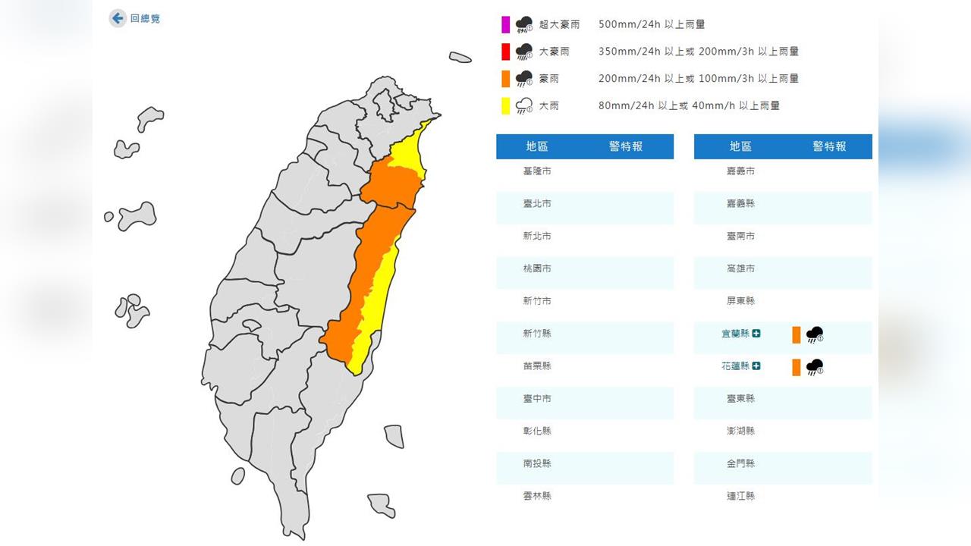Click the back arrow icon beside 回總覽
click(x=118, y=18)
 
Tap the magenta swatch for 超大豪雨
click(x=505, y=25)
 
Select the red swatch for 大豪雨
click(x=505, y=52)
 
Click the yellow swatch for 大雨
click(x=505, y=105)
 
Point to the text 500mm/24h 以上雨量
click(x=651, y=24)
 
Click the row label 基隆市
click(x=537, y=171)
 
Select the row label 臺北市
click(x=537, y=204)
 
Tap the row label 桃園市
click(x=537, y=268)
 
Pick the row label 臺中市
click(x=537, y=399)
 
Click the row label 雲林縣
click(x=537, y=496)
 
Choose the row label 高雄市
click(x=740, y=268)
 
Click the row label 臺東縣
click(x=740, y=399)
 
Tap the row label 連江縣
click(x=740, y=496)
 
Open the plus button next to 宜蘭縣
click(x=756, y=334)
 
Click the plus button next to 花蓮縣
click(x=756, y=366)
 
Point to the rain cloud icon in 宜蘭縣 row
click(x=815, y=334)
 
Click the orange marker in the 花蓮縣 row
click(x=797, y=367)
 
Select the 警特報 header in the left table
click(x=626, y=146)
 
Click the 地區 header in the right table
click(x=740, y=146)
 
